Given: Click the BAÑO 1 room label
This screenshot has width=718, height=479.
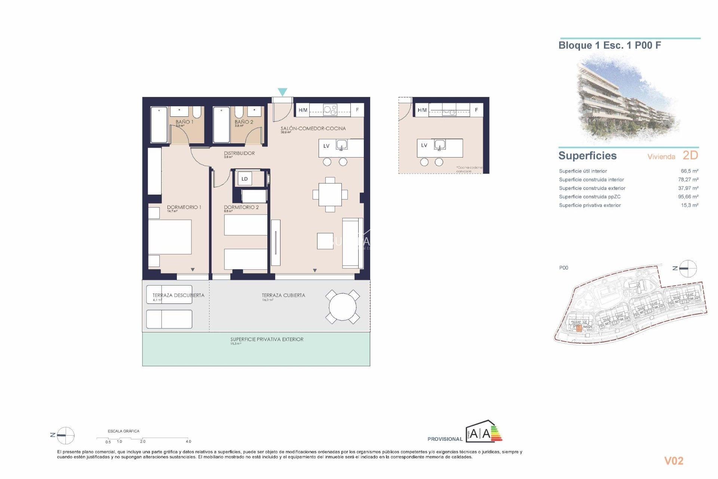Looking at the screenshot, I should (184, 122).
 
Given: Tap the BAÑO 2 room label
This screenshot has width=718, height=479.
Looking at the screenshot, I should (244, 122).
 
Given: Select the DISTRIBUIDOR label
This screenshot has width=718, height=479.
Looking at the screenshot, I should (239, 153).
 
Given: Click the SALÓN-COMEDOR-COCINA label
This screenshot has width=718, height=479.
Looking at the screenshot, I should (313, 128).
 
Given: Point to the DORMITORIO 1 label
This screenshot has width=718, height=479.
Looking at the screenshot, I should (184, 207).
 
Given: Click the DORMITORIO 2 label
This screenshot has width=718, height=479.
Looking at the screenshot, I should (241, 207).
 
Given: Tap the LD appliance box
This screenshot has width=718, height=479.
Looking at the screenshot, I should (245, 179).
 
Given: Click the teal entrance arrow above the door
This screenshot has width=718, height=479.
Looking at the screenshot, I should (282, 92).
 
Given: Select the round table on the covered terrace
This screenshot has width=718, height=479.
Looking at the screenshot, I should (343, 307).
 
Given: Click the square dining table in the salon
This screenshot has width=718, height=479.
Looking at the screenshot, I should (330, 195).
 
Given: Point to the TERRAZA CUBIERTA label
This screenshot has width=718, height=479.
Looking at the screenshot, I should (283, 295).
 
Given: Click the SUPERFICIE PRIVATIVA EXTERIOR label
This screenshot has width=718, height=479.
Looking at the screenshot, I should (267, 339).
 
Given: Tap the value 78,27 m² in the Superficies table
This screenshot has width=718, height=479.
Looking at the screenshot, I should (688, 180).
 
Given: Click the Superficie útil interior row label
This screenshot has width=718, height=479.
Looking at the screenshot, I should (583, 171).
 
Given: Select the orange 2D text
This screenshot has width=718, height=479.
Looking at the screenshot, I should (690, 155).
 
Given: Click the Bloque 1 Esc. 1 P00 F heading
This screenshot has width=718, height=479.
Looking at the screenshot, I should (610, 46).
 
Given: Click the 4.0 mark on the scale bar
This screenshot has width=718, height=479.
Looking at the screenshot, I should (188, 442).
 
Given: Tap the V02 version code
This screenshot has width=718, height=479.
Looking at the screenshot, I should (673, 461).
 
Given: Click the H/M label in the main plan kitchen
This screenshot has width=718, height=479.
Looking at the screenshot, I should (303, 110).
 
